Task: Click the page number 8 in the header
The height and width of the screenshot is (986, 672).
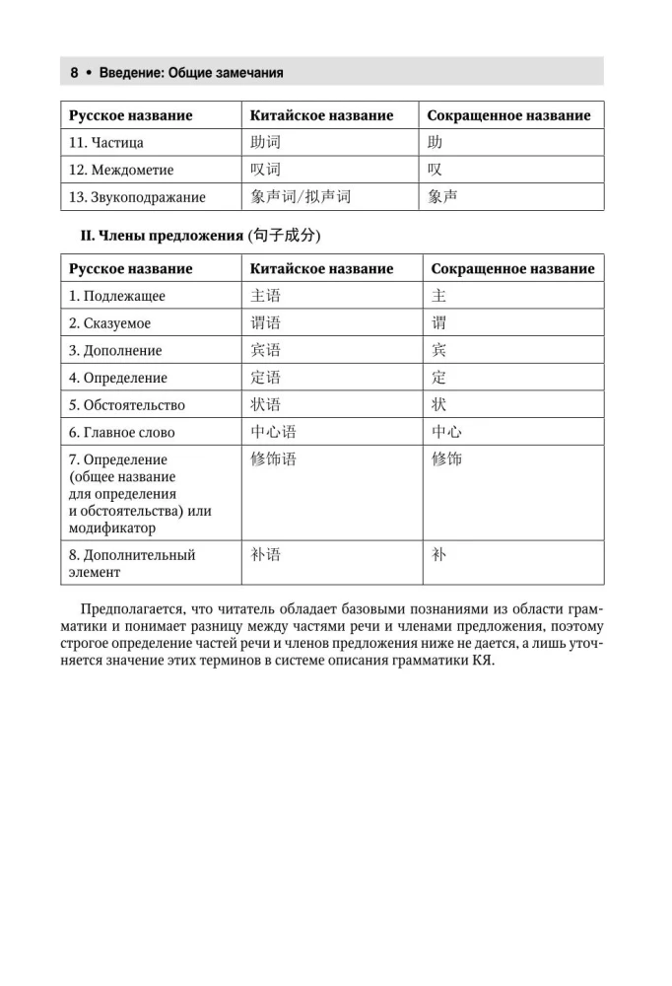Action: pyautogui.click(x=74, y=72)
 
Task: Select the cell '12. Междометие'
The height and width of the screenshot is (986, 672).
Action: pyautogui.click(x=121, y=170)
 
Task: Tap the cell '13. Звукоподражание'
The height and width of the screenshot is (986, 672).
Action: pyautogui.click(x=137, y=197)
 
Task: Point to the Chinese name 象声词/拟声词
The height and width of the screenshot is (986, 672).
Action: pyautogui.click(x=301, y=197)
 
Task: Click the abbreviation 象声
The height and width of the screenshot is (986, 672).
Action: pyautogui.click(x=442, y=197)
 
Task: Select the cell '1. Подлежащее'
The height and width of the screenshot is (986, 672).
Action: pyautogui.click(x=117, y=296)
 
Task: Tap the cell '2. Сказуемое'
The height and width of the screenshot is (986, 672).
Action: pyautogui.click(x=110, y=323)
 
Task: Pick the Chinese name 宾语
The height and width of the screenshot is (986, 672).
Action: pyautogui.click(x=266, y=350)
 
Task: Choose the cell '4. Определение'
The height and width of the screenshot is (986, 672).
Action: pyautogui.click(x=118, y=378)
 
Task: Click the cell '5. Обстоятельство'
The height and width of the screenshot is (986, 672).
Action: pyautogui.click(x=127, y=405)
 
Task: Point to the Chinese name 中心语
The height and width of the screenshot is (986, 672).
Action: pyautogui.click(x=273, y=432)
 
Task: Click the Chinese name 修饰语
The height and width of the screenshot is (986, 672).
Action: pyautogui.click(x=273, y=459)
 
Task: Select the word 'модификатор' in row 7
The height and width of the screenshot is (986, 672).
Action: pyautogui.click(x=112, y=529)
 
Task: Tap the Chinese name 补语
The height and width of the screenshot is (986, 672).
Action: pyautogui.click(x=266, y=555)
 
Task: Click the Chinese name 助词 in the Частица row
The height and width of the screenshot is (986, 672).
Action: pyautogui.click(x=266, y=142)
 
